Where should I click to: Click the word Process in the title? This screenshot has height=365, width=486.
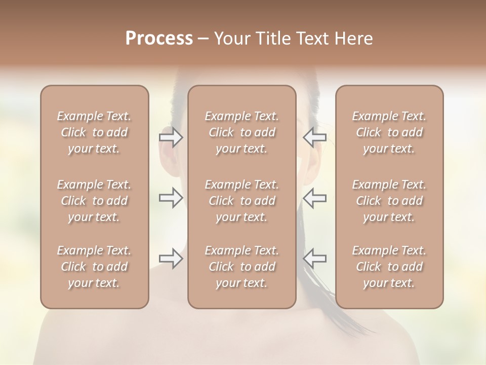click(x=159, y=39)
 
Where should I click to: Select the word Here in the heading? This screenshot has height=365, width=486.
click(x=354, y=39)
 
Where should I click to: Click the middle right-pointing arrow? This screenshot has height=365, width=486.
click(x=171, y=198)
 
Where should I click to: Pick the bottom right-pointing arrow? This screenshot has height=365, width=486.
click(x=171, y=259)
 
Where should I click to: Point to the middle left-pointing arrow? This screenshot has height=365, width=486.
click(x=314, y=198)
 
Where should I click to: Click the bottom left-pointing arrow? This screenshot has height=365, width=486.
click(x=314, y=259)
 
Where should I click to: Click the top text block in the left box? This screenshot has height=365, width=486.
click(x=94, y=132)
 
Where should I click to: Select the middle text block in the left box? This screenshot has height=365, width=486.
click(x=94, y=201)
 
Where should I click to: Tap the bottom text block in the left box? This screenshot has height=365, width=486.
click(x=94, y=267)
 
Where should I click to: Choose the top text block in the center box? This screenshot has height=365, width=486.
click(x=242, y=132)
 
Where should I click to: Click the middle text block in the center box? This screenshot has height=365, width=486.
click(x=242, y=201)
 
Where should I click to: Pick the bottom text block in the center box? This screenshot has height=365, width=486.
click(x=242, y=267)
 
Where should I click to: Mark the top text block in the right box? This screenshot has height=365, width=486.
click(x=389, y=132)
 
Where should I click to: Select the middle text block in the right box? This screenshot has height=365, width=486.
click(x=389, y=201)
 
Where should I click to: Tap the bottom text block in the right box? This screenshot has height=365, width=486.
click(x=389, y=267)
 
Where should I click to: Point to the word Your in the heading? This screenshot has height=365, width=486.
click(x=230, y=39)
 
